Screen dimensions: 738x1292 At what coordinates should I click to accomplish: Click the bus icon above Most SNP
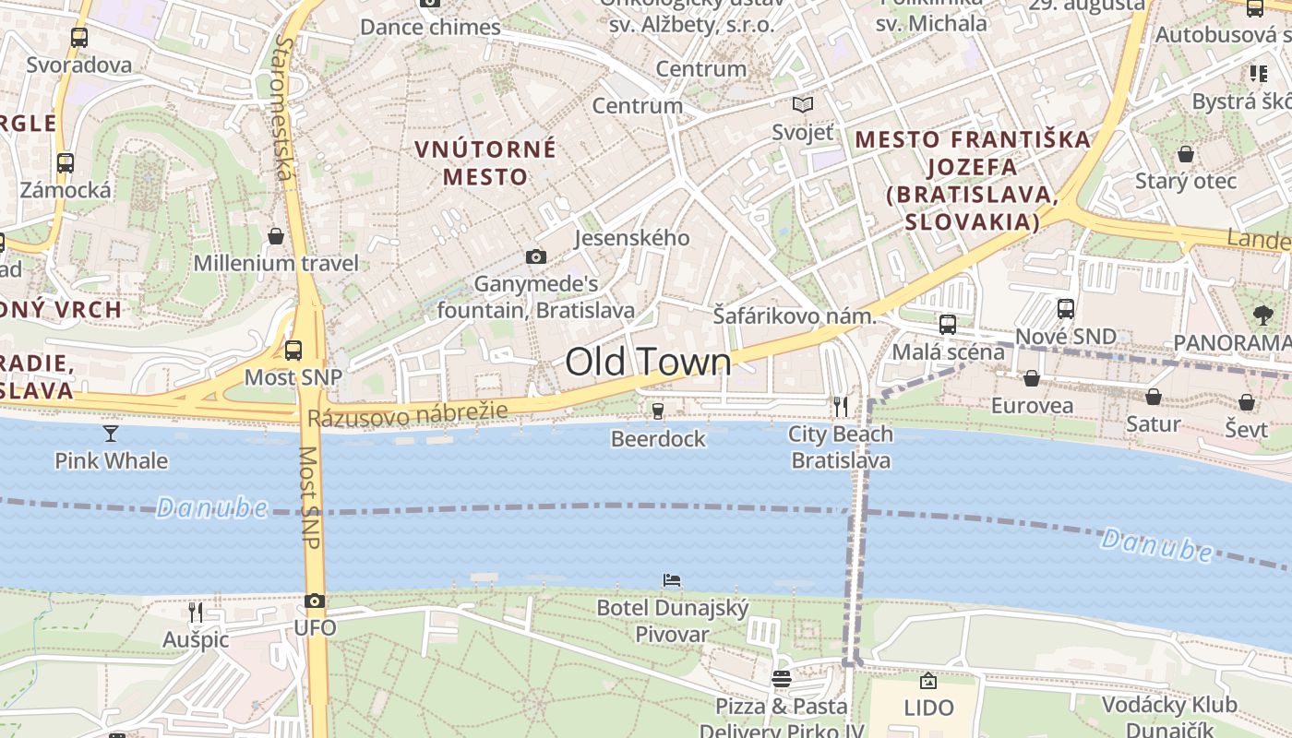pyautogui.click(x=293, y=350)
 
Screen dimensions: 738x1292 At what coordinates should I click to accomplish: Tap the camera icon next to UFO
pyautogui.click(x=315, y=601)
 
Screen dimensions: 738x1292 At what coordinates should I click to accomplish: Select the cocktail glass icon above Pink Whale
pyautogui.click(x=111, y=433)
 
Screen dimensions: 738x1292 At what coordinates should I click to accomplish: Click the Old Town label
pyautogui.click(x=648, y=362)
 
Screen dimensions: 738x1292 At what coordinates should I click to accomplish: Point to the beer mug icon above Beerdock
pyautogui.click(x=657, y=411)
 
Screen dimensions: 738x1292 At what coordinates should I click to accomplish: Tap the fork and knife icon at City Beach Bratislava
pyautogui.click(x=840, y=406)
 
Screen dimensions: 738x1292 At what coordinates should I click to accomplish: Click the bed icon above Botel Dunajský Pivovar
pyautogui.click(x=672, y=580)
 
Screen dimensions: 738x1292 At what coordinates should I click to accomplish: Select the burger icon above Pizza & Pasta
pyautogui.click(x=782, y=680)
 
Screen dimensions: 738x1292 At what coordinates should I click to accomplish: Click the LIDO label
pyautogui.click(x=928, y=708)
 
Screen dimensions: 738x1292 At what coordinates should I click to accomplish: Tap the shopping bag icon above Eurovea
pyautogui.click(x=1032, y=378)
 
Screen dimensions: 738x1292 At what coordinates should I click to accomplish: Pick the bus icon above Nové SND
pyautogui.click(x=1066, y=308)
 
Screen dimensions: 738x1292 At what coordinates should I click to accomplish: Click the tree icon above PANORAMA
pyautogui.click(x=1263, y=315)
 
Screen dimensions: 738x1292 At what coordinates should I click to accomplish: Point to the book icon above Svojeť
pyautogui.click(x=803, y=105)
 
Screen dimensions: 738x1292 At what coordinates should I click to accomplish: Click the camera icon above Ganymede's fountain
pyautogui.click(x=535, y=256)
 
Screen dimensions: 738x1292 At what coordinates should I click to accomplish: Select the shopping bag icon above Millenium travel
pyautogui.click(x=275, y=237)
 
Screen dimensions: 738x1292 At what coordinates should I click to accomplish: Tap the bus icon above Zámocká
pyautogui.click(x=66, y=163)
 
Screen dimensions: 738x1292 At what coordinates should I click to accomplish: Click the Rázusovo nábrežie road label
pyautogui.click(x=407, y=415)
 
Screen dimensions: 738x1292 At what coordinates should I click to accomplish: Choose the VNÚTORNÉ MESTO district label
pyautogui.click(x=485, y=162)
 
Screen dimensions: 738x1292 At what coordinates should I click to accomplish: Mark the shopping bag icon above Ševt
pyautogui.click(x=1247, y=402)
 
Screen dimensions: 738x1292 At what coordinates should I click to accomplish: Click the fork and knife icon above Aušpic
pyautogui.click(x=195, y=612)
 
